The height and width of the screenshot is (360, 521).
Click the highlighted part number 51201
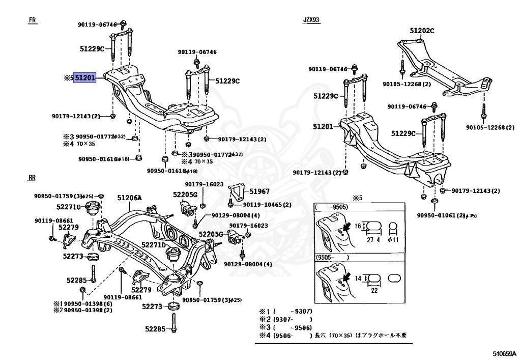click(85, 78)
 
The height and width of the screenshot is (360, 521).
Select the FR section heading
click(33, 20)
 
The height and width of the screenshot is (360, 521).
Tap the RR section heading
click(33, 177)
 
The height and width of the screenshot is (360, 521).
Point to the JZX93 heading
click(311, 20)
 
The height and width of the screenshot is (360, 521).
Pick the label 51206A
click(129, 198)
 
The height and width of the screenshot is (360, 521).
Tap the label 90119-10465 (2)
click(267, 205)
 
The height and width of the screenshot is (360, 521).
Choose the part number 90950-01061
click(437, 215)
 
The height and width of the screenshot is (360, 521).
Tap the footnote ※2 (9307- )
click(285, 319)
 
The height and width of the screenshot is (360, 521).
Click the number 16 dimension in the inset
click(358, 226)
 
